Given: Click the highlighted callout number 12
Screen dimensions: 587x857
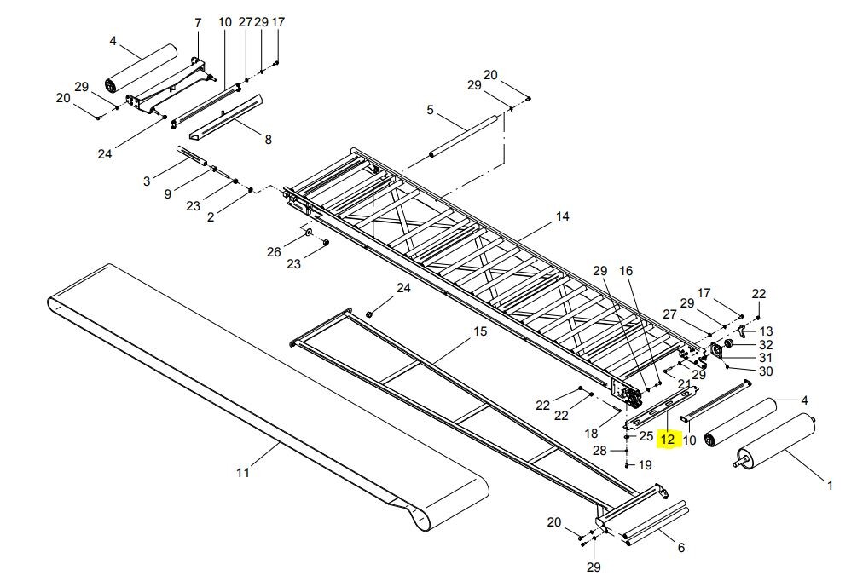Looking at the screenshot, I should click(667, 440).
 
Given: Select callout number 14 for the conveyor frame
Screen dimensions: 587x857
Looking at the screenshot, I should click(562, 216).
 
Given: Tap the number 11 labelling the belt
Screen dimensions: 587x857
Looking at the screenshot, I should click(242, 471).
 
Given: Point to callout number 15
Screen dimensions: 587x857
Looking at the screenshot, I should click(480, 331).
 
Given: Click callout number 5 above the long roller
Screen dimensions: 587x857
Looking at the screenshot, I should click(430, 110).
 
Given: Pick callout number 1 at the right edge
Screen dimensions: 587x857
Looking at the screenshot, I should click(830, 486).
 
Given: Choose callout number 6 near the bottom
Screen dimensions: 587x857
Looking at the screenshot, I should click(680, 548).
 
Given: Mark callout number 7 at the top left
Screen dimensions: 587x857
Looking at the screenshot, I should click(198, 23).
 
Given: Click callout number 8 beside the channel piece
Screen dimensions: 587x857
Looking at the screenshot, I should click(268, 139).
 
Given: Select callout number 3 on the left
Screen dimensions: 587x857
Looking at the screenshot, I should click(146, 181).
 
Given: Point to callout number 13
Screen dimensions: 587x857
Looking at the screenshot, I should click(766, 331).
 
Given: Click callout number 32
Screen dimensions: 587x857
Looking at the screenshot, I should click(765, 345).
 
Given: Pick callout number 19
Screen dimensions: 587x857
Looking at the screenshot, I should click(645, 465).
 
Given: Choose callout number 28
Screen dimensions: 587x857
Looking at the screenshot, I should click(599, 450).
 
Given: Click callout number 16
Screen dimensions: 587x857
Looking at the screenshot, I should click(626, 271).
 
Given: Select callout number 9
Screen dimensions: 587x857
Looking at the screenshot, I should click(168, 193).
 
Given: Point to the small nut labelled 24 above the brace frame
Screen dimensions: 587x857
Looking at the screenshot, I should click(369, 314).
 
